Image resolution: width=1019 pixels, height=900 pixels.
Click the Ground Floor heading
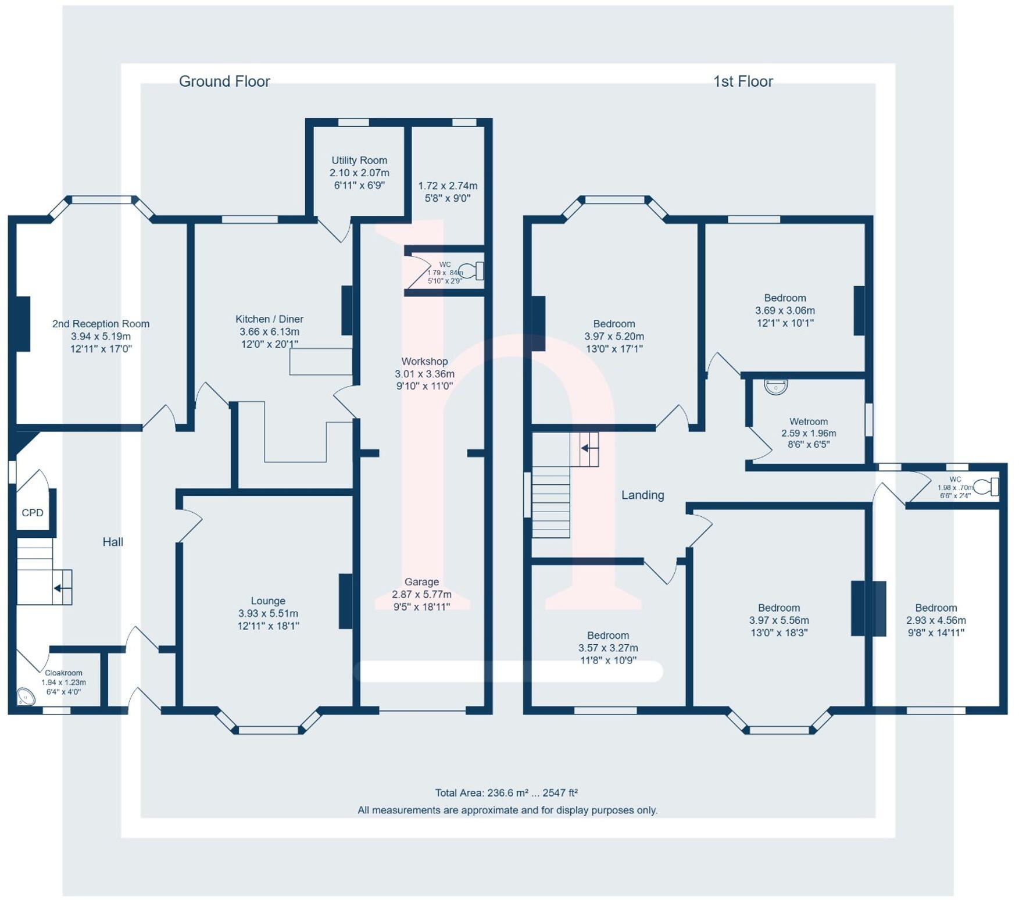(x=224, y=81)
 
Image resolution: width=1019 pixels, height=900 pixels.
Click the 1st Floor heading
(x=743, y=81)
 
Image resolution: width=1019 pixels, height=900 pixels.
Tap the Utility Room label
(x=359, y=160)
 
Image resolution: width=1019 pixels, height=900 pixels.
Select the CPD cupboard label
(x=33, y=513)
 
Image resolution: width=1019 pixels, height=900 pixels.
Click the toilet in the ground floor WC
(x=472, y=271)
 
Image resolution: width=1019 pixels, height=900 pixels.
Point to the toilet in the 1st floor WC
(x=986, y=486)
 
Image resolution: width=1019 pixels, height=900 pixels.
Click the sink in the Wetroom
(x=775, y=387)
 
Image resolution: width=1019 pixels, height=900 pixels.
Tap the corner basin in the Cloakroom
(x=25, y=696)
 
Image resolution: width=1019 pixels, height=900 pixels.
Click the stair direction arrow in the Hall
(x=59, y=588)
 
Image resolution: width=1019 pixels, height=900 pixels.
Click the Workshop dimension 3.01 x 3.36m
(x=424, y=374)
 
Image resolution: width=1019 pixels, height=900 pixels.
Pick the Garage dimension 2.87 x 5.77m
(x=421, y=594)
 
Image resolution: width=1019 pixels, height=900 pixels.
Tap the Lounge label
(x=268, y=601)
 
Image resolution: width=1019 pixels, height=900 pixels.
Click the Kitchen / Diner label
(x=269, y=319)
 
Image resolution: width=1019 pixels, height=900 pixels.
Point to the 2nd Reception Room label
(x=101, y=324)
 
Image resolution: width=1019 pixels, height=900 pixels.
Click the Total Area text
(x=506, y=792)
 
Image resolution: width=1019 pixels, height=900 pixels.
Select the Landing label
(x=642, y=495)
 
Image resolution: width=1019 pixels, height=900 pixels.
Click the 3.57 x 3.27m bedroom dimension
(x=608, y=648)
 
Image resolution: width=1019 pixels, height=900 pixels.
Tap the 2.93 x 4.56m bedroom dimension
(x=936, y=620)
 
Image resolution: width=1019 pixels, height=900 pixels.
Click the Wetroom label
(x=809, y=422)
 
